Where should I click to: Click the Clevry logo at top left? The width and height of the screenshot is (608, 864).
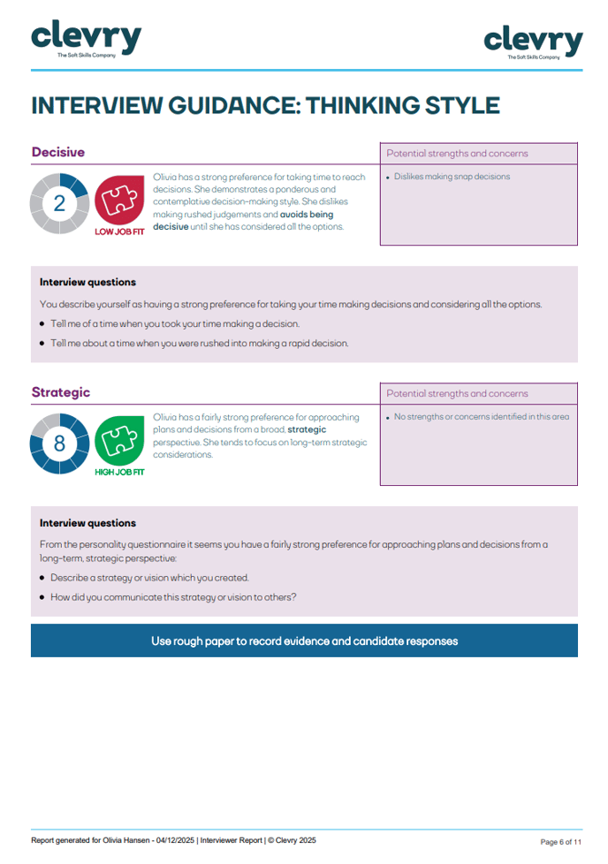pyautogui.click(x=86, y=38)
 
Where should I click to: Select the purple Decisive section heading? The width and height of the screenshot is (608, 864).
pyautogui.click(x=58, y=152)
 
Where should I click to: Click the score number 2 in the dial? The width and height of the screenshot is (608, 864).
pyautogui.click(x=59, y=203)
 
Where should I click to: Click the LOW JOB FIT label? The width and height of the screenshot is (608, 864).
pyautogui.click(x=119, y=232)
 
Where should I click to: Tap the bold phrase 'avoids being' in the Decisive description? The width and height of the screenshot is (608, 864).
pyautogui.click(x=307, y=214)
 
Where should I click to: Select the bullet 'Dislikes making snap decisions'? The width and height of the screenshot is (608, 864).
pyautogui.click(x=452, y=177)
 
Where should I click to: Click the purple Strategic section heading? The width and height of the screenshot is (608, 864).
pyautogui.click(x=61, y=392)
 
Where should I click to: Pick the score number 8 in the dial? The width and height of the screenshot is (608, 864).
pyautogui.click(x=59, y=443)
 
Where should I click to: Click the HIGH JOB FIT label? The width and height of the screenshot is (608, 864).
pyautogui.click(x=119, y=472)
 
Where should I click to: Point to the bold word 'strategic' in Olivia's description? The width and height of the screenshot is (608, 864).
pyautogui.click(x=307, y=429)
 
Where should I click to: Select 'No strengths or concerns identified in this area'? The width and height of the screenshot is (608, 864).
pyautogui.click(x=482, y=417)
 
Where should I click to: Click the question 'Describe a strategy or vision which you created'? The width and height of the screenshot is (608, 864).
pyautogui.click(x=149, y=578)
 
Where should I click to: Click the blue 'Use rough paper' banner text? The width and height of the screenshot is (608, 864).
pyautogui.click(x=304, y=641)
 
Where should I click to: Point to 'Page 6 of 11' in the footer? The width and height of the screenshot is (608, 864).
pyautogui.click(x=560, y=842)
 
